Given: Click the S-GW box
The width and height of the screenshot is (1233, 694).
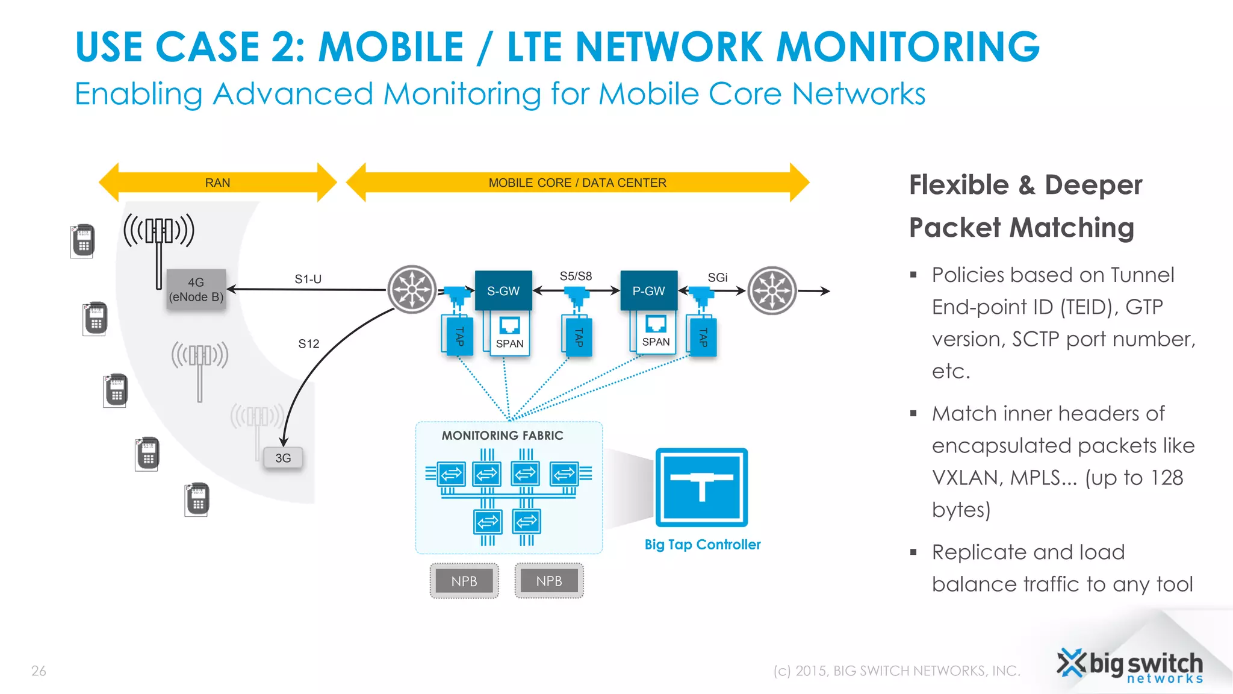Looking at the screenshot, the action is tap(503, 290).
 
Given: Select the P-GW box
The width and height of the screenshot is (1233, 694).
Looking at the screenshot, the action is tap(648, 290).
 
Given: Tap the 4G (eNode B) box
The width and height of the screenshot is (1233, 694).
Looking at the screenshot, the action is tap(196, 290).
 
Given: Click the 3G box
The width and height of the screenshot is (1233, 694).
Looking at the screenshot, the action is tap(283, 458).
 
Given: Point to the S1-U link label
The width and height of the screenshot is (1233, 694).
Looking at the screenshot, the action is tap(308, 279).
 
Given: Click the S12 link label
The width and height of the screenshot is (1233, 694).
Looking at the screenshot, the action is tap(309, 343).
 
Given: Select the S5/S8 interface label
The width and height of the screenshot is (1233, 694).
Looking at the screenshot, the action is tap(576, 276).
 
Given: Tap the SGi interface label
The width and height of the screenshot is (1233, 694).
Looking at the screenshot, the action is tap(718, 277).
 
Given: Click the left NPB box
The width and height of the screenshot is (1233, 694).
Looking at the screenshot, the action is tap(464, 581).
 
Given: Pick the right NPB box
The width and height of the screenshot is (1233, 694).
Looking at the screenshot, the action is tap(549, 581).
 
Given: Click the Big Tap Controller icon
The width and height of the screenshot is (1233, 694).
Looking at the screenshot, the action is tap(701, 487).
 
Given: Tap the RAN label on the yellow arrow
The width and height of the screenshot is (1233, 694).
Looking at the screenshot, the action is tap(217, 183).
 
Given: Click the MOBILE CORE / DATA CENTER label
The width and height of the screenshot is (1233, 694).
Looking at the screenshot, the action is tap(577, 183).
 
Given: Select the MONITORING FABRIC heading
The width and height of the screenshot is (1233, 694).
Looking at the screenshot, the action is tap(503, 435).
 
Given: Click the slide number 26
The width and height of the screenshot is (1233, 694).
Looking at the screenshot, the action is tap(39, 671).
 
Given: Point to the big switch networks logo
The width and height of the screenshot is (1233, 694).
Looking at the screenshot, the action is tap(1130, 666).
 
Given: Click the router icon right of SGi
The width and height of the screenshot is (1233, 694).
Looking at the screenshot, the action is tap(772, 290).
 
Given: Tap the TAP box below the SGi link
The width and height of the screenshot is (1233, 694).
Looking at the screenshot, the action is tap(703, 336).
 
